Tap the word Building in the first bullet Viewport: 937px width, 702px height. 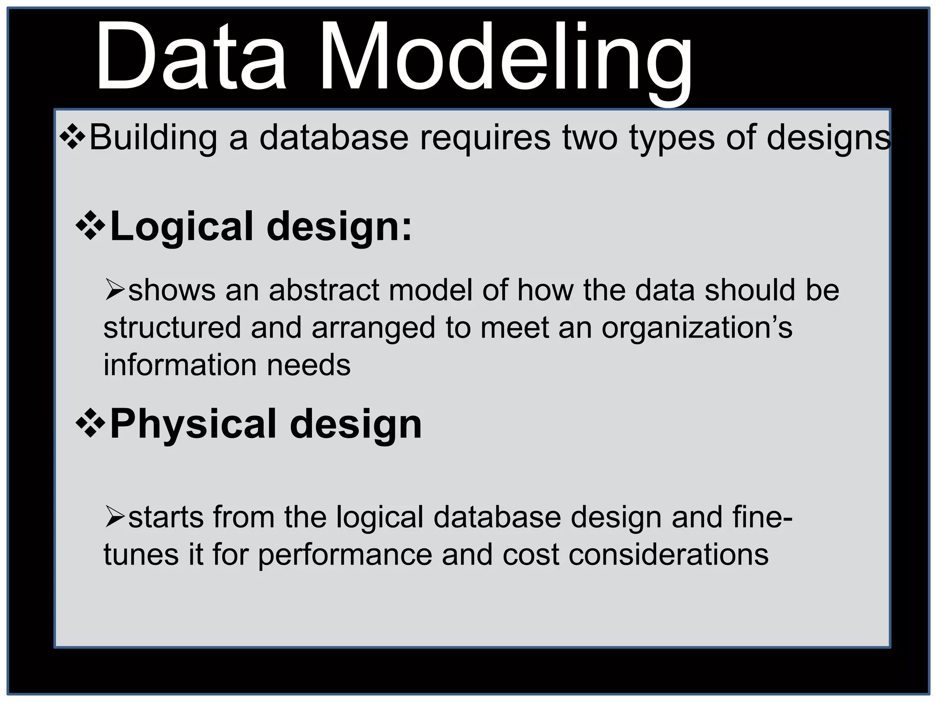pyautogui.click(x=153, y=138)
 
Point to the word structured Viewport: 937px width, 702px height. pyautogui.click(x=172, y=328)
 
